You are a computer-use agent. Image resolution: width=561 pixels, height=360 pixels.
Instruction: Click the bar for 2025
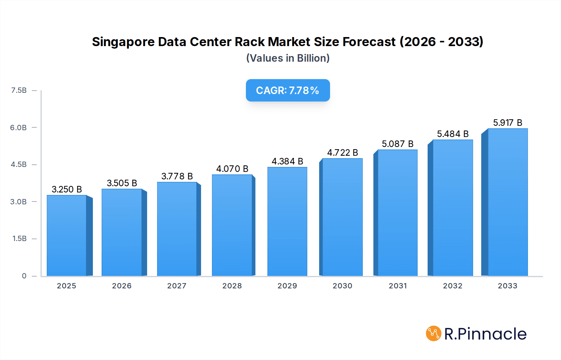pos(67,235)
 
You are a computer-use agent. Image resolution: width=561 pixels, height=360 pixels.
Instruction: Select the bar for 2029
pos(287,221)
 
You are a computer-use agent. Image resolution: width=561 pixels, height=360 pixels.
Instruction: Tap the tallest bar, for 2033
pos(508,202)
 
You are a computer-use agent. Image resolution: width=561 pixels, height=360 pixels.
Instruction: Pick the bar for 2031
pos(397,213)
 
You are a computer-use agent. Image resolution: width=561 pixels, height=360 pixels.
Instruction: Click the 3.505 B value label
pos(122,183)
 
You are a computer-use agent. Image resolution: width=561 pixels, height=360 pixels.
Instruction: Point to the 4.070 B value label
pos(232,169)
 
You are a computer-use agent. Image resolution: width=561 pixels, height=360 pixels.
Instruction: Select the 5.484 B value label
pos(453,134)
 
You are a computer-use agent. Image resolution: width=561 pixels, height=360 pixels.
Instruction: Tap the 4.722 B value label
pos(342,153)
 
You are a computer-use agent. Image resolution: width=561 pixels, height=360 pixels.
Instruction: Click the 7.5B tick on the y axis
pos(19,90)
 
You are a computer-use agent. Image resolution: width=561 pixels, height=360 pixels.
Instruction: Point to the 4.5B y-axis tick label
pos(19,164)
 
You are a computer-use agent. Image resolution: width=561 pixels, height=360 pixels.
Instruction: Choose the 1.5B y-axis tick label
pos(19,239)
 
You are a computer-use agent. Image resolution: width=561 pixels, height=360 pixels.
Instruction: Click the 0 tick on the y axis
pos(24,276)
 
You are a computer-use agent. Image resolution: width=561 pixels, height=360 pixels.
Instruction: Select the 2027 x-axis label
pos(177,286)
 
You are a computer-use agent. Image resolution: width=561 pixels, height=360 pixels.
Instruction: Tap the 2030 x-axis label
pos(342,286)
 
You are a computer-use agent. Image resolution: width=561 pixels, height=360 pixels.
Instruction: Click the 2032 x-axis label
pos(453,286)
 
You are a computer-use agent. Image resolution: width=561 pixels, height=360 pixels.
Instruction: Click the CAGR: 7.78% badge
pos(288,90)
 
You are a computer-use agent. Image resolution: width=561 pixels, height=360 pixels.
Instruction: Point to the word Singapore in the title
pos(123,42)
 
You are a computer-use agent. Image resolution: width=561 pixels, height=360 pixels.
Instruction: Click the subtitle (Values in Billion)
pos(288,58)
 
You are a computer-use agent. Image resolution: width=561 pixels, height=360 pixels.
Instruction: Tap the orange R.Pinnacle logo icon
pos(434,334)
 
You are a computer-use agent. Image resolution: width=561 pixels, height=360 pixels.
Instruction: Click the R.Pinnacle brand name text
pos(485,334)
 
